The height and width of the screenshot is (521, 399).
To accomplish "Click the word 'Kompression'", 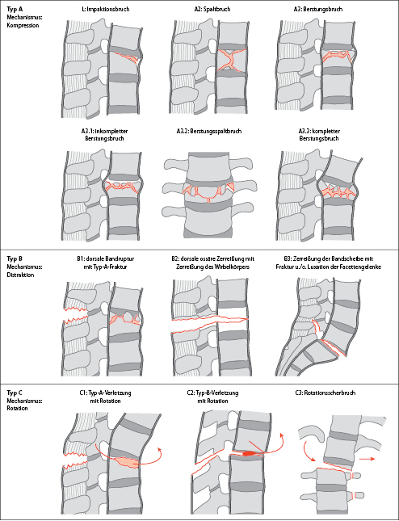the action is (x=23, y=26).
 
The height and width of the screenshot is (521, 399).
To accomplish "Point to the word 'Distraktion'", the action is (x=20, y=275).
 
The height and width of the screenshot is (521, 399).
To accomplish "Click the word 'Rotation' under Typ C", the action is (x=17, y=408).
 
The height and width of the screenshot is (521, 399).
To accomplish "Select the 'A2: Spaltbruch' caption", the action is (x=212, y=10).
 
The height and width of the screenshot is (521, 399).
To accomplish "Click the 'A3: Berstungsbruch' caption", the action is (x=318, y=10).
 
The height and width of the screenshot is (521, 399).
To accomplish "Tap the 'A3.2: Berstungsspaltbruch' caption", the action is (x=209, y=131).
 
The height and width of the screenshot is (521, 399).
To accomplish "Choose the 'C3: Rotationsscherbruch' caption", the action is (x=325, y=393).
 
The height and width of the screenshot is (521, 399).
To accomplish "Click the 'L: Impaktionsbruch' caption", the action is (x=105, y=10).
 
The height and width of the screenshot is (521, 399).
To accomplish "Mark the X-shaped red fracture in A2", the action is (x=231, y=60).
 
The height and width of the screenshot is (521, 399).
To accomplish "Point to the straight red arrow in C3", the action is (x=367, y=459).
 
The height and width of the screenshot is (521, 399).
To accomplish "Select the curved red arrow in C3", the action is (x=307, y=450).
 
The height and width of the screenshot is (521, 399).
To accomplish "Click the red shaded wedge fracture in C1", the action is (x=127, y=462).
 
